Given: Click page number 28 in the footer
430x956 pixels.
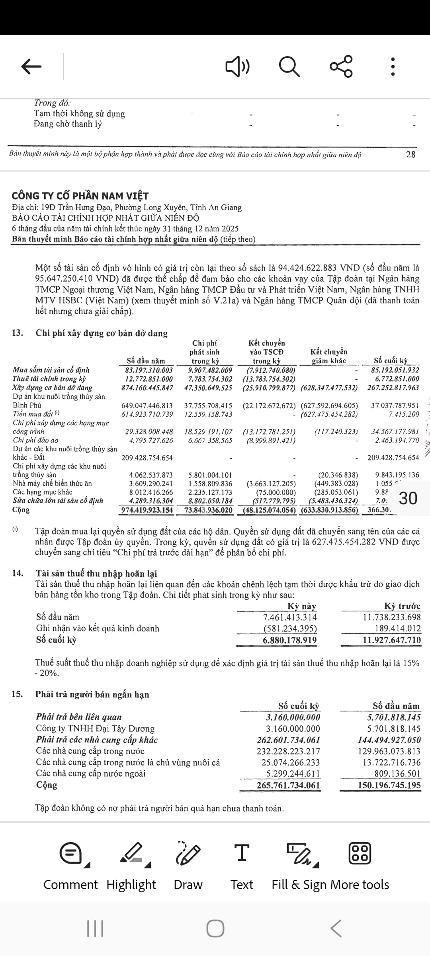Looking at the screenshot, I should [410, 155].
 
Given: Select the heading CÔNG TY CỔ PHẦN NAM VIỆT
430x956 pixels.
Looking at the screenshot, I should [80, 196].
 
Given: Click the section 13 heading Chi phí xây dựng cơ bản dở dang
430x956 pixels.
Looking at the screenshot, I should [102, 333].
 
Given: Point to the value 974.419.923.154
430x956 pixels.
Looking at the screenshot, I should [147, 510].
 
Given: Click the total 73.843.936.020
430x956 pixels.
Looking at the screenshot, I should [208, 510].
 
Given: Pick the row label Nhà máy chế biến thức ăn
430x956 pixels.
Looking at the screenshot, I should [52, 484].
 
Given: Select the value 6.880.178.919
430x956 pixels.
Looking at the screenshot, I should [290, 640].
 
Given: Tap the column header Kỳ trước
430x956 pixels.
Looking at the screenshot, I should [402, 606].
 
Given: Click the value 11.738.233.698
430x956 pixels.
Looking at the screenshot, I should [392, 617].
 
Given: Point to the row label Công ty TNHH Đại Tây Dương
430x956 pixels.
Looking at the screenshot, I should [95, 729].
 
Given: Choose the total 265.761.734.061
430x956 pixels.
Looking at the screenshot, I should [288, 785].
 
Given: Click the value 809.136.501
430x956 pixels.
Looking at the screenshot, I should [397, 774].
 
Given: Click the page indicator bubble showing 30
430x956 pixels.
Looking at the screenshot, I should [408, 498].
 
